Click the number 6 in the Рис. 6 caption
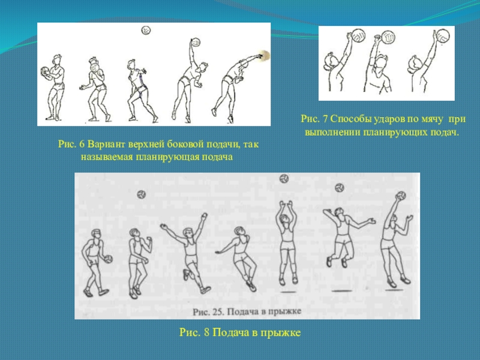(x=82, y=144)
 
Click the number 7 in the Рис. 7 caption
(x=325, y=119)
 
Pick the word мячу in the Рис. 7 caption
(x=431, y=119)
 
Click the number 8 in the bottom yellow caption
(x=206, y=332)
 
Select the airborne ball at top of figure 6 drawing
(x=146, y=31)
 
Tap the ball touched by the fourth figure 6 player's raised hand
(x=196, y=42)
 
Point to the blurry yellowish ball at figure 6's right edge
(x=263, y=56)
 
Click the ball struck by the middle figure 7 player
(x=388, y=37)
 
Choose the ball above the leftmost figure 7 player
(x=358, y=35)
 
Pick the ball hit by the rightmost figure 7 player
(x=443, y=36)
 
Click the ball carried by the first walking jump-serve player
(x=108, y=259)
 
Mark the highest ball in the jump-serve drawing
(x=284, y=178)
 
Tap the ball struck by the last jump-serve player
(x=401, y=196)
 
